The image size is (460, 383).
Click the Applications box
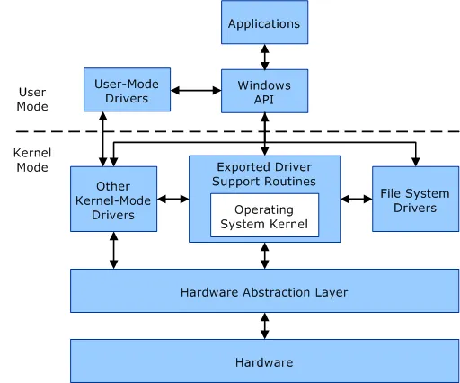pyautogui.click(x=264, y=22)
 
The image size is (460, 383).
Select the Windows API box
pyautogui.click(x=264, y=91)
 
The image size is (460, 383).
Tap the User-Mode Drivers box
pyautogui.click(x=127, y=91)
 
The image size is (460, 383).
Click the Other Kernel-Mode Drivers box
pyautogui.click(x=113, y=200)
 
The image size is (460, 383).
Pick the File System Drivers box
pyautogui.click(x=414, y=200)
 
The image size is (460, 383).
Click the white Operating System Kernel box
pyautogui.click(x=264, y=217)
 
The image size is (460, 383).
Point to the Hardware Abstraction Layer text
pyautogui.click(x=263, y=292)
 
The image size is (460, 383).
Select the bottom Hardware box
pyautogui.click(x=264, y=362)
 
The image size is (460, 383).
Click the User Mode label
pyautogui.click(x=32, y=99)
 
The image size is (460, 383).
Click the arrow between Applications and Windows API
pyautogui.click(x=264, y=57)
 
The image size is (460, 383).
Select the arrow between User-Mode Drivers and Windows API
pyautogui.click(x=196, y=91)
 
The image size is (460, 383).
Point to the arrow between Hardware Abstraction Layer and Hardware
pyautogui.click(x=264, y=325)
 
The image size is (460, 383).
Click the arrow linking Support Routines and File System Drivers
pyautogui.click(x=357, y=199)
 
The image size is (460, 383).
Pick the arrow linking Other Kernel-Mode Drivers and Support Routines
pyautogui.click(x=172, y=199)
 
